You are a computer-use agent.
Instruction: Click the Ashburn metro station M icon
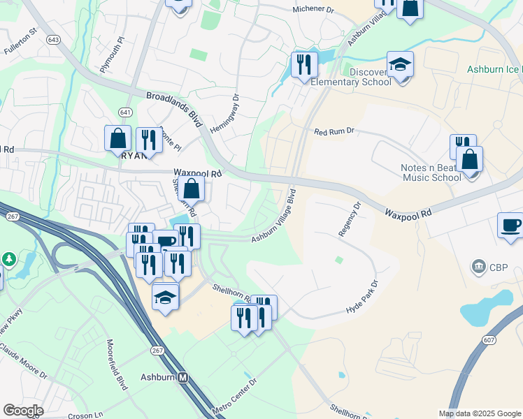(x=183, y=377)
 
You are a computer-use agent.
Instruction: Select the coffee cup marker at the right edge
(x=510, y=226)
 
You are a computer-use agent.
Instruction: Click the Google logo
(x=22, y=411)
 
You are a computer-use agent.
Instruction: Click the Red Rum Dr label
(x=335, y=131)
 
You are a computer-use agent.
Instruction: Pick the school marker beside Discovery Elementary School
(x=400, y=66)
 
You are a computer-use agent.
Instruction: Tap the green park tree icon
(x=9, y=259)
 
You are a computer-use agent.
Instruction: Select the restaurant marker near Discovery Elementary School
(x=303, y=66)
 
